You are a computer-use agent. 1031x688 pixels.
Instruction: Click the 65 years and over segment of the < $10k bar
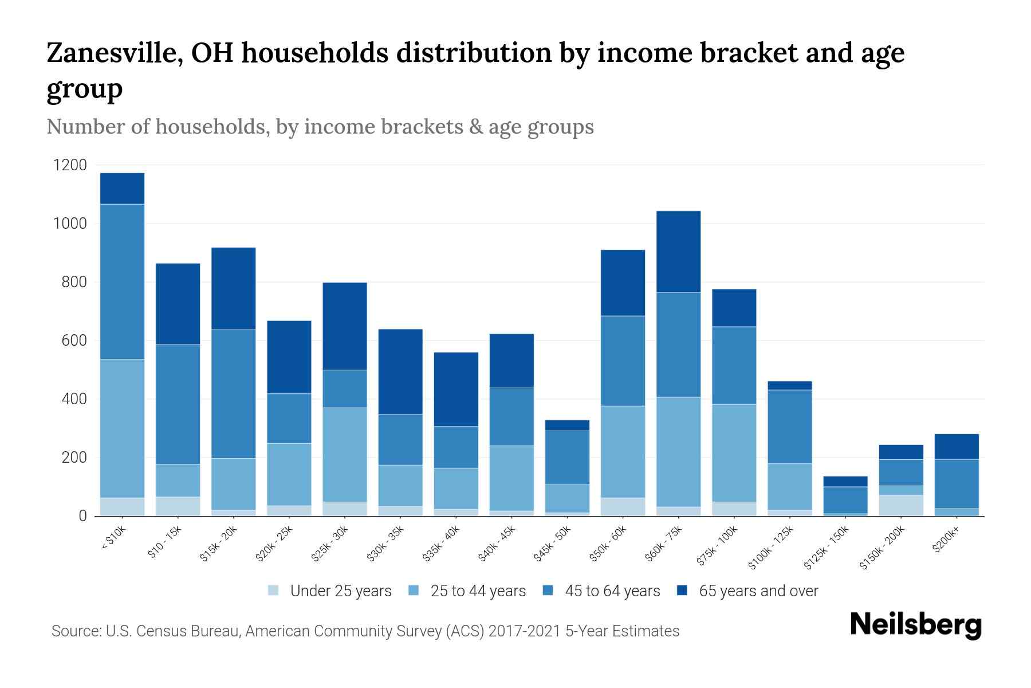[x=122, y=189]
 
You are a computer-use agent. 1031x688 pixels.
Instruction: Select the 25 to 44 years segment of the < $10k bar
[x=122, y=428]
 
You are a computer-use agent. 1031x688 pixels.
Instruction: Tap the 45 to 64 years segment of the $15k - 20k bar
[x=233, y=394]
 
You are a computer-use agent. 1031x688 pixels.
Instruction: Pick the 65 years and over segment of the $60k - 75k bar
[x=678, y=252]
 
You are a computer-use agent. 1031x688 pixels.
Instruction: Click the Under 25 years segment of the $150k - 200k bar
[x=901, y=505]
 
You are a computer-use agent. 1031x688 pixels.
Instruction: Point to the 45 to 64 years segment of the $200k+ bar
[x=956, y=484]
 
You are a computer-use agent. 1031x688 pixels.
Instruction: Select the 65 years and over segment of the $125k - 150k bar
[x=845, y=482]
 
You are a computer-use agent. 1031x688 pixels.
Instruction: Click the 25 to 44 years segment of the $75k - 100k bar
[x=734, y=453]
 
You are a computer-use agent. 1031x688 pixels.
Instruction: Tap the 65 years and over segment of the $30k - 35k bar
[x=400, y=372]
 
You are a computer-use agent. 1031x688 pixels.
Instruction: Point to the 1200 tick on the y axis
[x=70, y=165]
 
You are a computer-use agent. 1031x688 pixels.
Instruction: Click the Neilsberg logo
[x=915, y=625]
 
